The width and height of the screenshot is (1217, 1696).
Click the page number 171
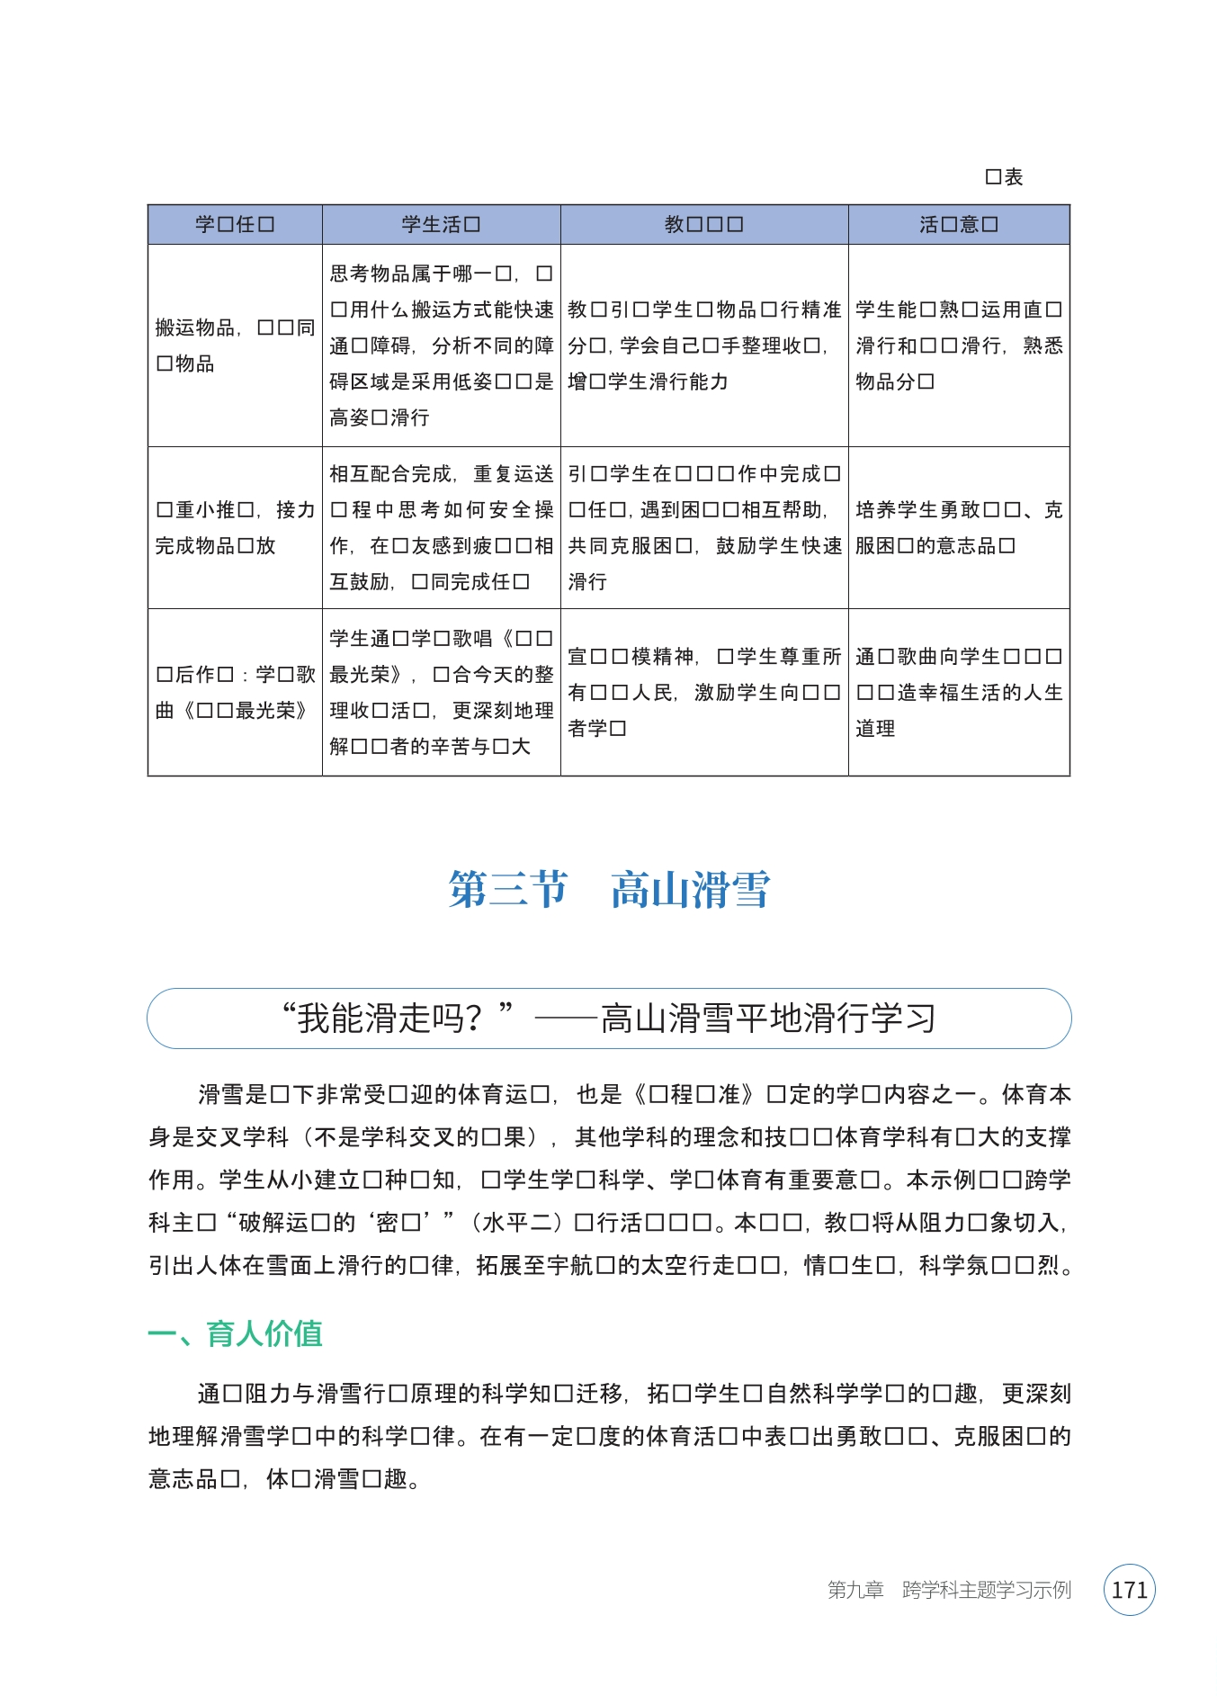point(1129,1590)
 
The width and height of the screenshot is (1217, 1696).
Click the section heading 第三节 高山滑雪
point(609,890)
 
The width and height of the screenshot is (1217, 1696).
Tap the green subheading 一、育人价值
point(235,1333)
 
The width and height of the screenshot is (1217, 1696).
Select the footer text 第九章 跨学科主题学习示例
point(949,1590)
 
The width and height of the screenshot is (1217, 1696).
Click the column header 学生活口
point(441,225)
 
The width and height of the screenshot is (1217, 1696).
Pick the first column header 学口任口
point(235,225)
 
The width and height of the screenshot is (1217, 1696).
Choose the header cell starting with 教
point(703,225)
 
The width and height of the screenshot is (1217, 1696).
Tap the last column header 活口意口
point(958,225)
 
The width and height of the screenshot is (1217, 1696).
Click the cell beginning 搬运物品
point(235,345)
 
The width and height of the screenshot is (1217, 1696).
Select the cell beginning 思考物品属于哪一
point(441,345)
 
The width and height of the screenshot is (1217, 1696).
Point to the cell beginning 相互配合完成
point(441,527)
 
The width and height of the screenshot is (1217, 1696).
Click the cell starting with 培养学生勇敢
point(958,527)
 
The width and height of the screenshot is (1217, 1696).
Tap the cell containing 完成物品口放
point(235,527)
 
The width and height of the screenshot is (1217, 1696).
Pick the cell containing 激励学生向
point(703,692)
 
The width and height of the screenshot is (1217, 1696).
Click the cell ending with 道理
point(958,692)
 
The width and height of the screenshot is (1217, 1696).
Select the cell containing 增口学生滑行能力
point(703,345)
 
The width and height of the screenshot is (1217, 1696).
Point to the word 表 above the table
point(1014,177)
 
